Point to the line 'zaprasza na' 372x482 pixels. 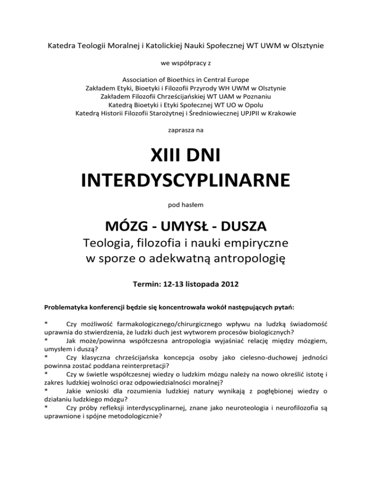click(x=186, y=130)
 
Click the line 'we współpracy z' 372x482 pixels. click(x=186, y=63)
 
